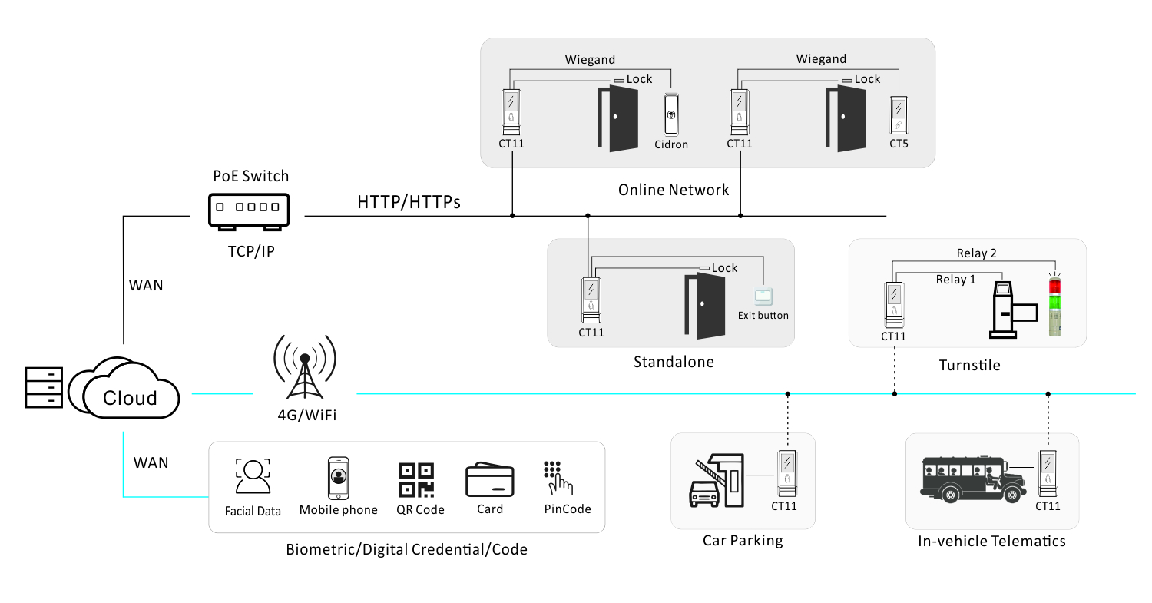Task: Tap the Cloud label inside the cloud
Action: click(x=130, y=398)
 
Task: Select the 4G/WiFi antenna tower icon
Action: click(x=305, y=367)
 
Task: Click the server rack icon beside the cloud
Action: click(x=45, y=387)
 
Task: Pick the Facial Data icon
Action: click(x=253, y=476)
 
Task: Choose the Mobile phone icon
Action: click(x=339, y=478)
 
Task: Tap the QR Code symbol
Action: click(x=416, y=480)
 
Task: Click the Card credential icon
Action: click(x=490, y=479)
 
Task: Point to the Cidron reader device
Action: click(x=670, y=114)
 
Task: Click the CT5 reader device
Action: click(x=899, y=115)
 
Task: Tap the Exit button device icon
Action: click(x=763, y=297)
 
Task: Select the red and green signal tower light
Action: click(x=1054, y=306)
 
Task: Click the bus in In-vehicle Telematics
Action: click(x=973, y=479)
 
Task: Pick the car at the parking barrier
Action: click(x=703, y=493)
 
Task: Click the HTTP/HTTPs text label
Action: click(x=409, y=202)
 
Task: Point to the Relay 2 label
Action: click(x=976, y=253)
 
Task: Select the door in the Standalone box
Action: click(x=704, y=306)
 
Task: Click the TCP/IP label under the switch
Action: click(x=251, y=251)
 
